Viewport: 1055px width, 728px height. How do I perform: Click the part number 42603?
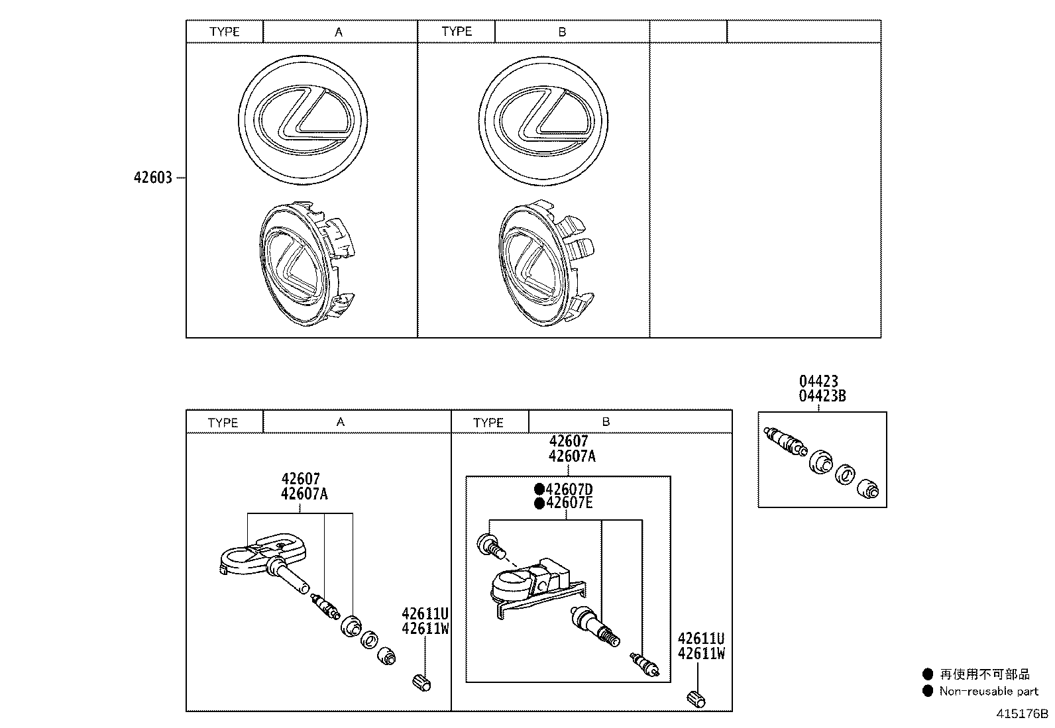pos(153,178)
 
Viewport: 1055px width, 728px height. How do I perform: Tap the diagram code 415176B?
pos(1022,713)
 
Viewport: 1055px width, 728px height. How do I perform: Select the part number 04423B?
pos(822,396)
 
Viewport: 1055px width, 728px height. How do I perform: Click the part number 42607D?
pos(569,490)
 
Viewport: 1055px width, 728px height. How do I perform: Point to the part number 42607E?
pos(569,503)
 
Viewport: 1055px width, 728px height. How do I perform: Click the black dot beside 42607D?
pos(539,490)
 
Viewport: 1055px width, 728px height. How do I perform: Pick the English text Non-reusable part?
pos(989,692)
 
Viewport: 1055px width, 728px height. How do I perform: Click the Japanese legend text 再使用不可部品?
pos(985,674)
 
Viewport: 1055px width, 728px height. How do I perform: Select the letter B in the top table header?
pos(562,32)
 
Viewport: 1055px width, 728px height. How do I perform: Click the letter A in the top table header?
pos(339,32)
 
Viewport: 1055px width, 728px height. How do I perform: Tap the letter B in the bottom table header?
pos(606,421)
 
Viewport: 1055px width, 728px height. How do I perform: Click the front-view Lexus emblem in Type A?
pos(303,120)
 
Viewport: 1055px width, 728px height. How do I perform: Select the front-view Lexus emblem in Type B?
pos(543,121)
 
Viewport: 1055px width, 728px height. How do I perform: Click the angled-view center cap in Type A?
pos(307,263)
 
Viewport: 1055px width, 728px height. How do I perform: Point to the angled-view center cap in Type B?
pos(546,263)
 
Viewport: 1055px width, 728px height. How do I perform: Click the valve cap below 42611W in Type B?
pos(696,700)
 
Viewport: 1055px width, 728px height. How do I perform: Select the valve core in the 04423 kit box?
pos(785,441)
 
